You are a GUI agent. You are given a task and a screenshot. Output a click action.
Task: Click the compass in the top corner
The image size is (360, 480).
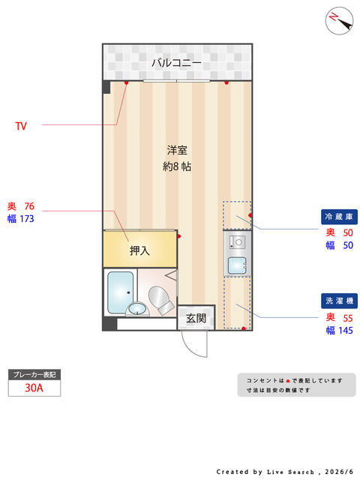pos(339,20)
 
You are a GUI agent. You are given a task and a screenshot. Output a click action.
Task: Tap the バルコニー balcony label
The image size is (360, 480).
pos(177,63)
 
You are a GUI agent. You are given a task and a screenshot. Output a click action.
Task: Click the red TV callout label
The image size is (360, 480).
pos(21,126)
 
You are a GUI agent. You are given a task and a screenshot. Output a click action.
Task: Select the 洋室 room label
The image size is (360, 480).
pos(177,150)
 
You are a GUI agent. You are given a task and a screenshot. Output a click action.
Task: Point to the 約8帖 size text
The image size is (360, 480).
pos(177,166)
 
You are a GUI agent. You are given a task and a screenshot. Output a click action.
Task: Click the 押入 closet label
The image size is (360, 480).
pos(139,250)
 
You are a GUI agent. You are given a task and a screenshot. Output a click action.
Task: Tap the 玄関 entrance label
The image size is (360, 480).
pos(196,318)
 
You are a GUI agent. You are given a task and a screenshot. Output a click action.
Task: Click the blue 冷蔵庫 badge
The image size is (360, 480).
pos(339,217)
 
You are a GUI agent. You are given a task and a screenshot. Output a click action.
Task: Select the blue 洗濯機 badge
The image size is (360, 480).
pos(339,301)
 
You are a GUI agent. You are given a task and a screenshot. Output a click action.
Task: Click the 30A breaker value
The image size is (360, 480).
pos(34,388)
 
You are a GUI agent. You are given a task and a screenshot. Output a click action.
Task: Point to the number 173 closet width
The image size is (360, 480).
pos(27,219)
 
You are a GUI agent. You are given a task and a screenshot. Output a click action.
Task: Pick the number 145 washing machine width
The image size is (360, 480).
pos(346,331)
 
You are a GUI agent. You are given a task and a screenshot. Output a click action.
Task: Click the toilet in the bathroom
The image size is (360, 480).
pos(160,300)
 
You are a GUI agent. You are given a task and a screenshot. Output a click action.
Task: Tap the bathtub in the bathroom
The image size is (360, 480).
pos(120,292)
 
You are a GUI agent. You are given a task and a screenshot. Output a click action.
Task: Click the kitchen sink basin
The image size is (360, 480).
pos(237,265)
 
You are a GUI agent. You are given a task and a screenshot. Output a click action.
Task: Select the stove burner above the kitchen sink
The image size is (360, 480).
pos(238,242)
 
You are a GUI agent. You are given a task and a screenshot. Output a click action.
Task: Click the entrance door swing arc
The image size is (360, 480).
pos(191,346)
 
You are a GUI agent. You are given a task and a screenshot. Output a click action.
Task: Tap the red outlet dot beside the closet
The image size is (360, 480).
pos(179,236)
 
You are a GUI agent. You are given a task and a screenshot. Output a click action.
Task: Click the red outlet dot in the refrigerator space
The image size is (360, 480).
pos(250,215)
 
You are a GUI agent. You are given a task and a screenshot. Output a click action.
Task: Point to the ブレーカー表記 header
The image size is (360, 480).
pos(34,375)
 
